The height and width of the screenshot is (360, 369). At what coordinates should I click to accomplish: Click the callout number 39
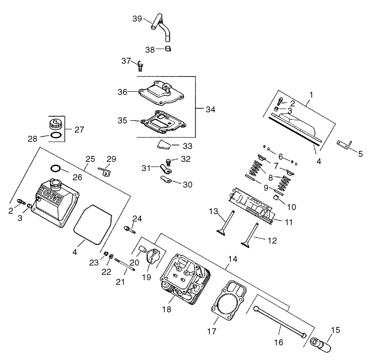(x=137, y=19)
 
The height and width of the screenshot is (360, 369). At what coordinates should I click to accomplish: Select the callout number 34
(x=211, y=110)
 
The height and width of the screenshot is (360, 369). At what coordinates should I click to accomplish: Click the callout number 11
(x=289, y=222)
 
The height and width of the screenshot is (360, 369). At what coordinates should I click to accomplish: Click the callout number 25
(x=90, y=159)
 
